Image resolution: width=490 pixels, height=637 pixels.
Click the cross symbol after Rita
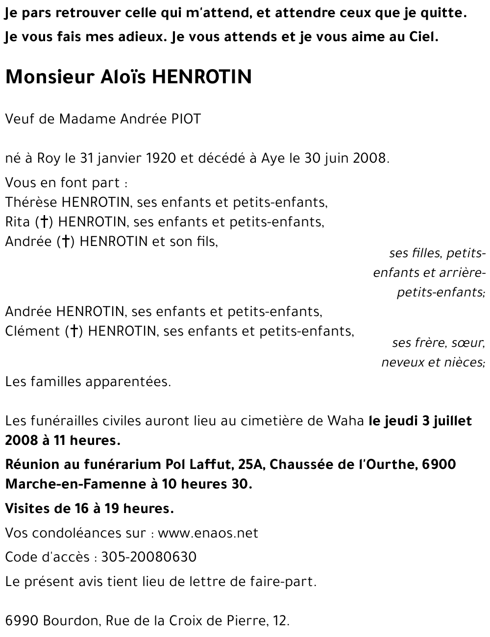(44, 222)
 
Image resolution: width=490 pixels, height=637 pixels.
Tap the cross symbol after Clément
(73, 332)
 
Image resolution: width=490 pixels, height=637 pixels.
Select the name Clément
(32, 331)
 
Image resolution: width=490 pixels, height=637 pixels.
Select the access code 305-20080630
(148, 557)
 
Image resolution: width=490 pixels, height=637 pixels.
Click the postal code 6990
(22, 621)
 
